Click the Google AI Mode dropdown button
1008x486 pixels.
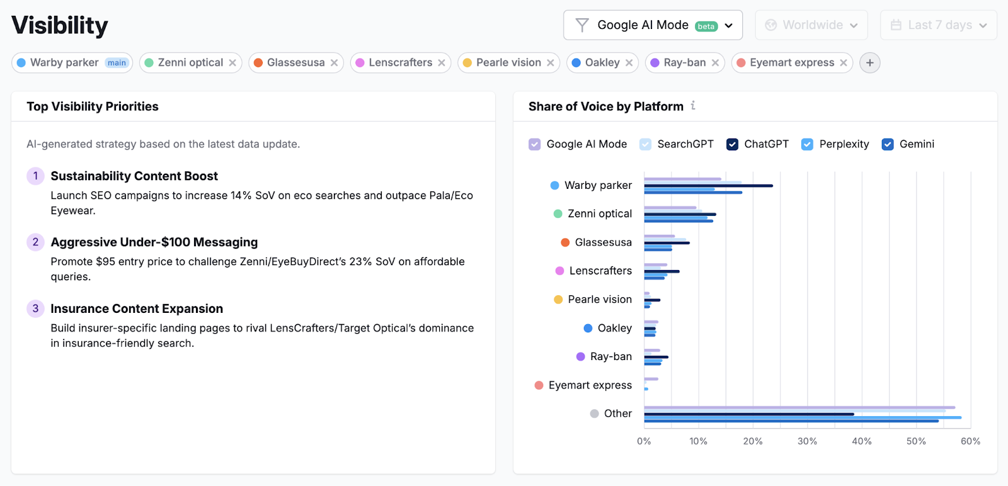point(653,25)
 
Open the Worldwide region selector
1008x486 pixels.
point(811,25)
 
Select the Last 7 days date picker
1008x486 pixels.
point(938,25)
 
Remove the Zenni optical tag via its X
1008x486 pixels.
point(232,63)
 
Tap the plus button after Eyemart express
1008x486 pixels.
point(869,63)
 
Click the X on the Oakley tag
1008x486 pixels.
point(629,63)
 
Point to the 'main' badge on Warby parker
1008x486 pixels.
point(117,63)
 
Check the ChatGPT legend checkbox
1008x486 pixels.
point(732,144)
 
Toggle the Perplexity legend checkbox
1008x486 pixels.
point(807,144)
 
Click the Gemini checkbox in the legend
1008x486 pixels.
point(888,144)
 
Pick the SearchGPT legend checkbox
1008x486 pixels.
point(645,144)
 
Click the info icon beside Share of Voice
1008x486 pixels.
point(693,106)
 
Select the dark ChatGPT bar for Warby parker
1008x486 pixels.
point(708,186)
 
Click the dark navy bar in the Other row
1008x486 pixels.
point(748,414)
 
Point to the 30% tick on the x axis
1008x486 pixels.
point(807,441)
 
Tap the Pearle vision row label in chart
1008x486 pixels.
point(599,300)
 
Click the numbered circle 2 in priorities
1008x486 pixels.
point(35,242)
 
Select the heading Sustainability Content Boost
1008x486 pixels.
point(134,176)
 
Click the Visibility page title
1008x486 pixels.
point(60,25)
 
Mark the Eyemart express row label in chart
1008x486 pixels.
point(590,385)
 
